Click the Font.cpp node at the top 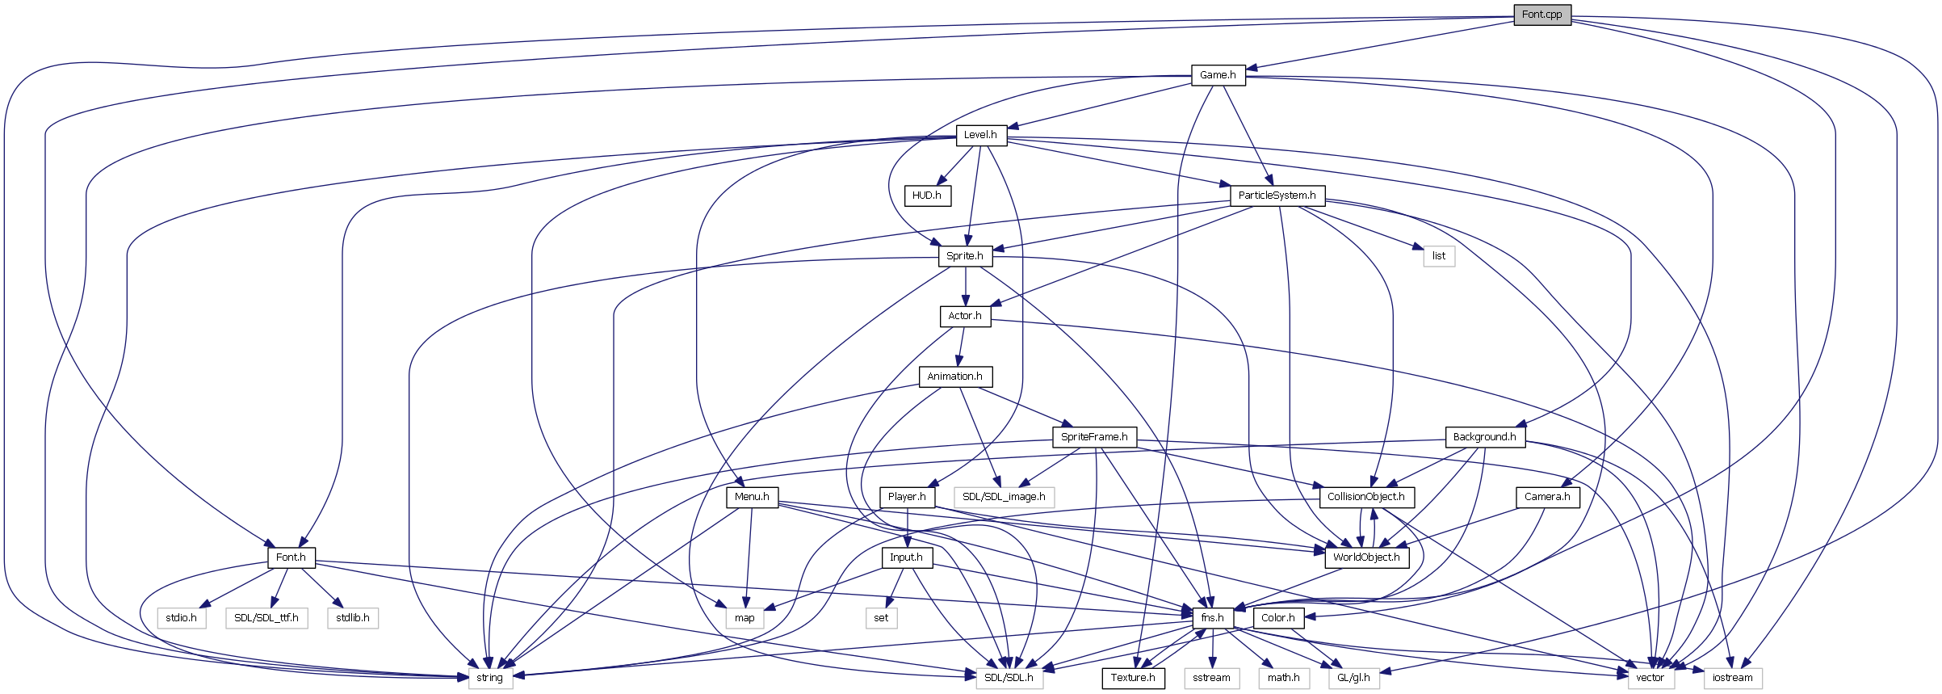click(1541, 15)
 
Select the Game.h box click(1218, 75)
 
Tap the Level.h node click(980, 135)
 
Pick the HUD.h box click(926, 196)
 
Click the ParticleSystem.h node click(1277, 196)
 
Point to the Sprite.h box click(965, 256)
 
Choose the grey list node click(1439, 256)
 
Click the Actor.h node click(965, 316)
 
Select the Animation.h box click(954, 376)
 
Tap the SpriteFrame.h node click(1094, 437)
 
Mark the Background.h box click(1484, 437)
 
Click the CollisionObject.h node click(1366, 497)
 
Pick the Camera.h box click(1547, 497)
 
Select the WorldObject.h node click(1366, 557)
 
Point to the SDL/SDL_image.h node click(1004, 497)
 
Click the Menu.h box click(752, 497)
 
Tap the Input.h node click(906, 557)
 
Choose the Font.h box click(291, 557)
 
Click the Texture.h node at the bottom click(1133, 678)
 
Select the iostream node click(1733, 678)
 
